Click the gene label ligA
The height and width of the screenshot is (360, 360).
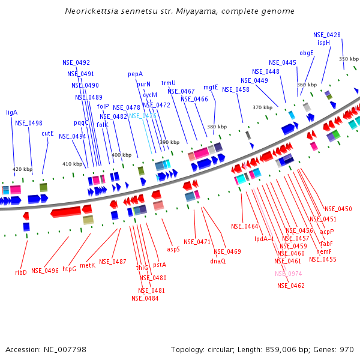point(12,112)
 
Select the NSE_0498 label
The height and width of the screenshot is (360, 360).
point(29,123)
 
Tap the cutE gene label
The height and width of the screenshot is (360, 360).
point(47,133)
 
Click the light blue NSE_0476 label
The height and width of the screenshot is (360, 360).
point(142,116)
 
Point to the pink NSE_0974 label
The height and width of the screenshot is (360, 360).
point(289,274)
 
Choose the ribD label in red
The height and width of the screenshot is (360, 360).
point(21,272)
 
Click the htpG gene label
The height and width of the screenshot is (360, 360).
point(69,269)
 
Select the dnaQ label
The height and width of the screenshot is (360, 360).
point(218,261)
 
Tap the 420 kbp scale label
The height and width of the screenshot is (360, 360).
point(22,169)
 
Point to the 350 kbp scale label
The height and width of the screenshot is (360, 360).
point(349,59)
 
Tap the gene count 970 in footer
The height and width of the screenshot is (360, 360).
point(347,349)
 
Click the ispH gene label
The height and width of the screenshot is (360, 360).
point(323,43)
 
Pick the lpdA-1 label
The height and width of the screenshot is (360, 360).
point(264,239)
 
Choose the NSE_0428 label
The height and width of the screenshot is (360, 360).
point(327,35)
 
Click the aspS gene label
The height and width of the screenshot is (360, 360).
point(173,248)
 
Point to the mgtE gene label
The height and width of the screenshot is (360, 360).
point(211,87)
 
